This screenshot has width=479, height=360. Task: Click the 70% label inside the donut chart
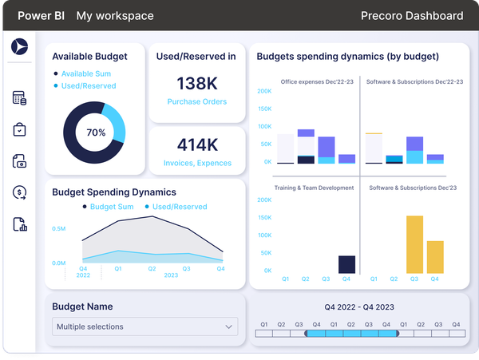(x=96, y=133)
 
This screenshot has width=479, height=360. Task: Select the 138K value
(x=196, y=83)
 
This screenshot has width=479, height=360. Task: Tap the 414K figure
(x=196, y=144)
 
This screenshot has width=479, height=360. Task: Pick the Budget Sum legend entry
(x=111, y=207)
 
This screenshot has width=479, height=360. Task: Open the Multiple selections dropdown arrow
(x=229, y=326)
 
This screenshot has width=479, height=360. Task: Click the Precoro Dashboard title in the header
(x=411, y=16)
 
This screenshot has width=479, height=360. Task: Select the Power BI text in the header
(x=42, y=16)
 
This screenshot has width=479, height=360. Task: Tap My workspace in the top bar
(x=115, y=16)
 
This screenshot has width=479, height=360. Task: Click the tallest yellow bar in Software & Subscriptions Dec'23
(x=414, y=244)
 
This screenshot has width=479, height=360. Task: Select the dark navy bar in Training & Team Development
(x=346, y=264)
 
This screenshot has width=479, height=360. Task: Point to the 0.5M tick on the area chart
(x=59, y=228)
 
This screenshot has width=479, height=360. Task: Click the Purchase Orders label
(x=196, y=101)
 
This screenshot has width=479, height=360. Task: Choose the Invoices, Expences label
(x=196, y=163)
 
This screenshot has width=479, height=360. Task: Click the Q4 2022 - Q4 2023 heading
(x=358, y=307)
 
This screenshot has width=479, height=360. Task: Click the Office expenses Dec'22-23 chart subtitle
(x=315, y=81)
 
